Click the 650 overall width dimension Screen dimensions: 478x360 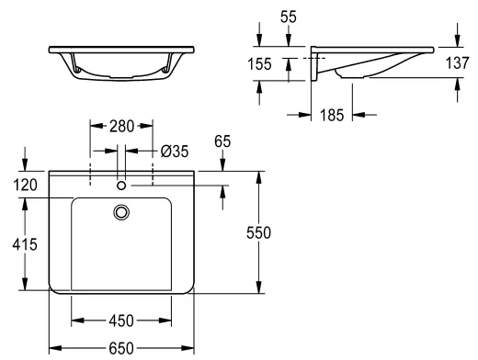[121, 348]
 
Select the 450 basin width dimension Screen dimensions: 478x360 [121, 321]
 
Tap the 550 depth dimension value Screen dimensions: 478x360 [259, 232]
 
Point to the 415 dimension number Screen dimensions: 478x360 [25, 244]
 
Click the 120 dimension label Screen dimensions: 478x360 [26, 185]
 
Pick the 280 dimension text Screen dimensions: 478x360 [121, 126]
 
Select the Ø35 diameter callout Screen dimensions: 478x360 [175, 152]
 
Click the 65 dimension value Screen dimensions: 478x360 [222, 141]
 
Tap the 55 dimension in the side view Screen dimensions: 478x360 [289, 17]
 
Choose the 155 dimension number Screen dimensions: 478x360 [259, 64]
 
